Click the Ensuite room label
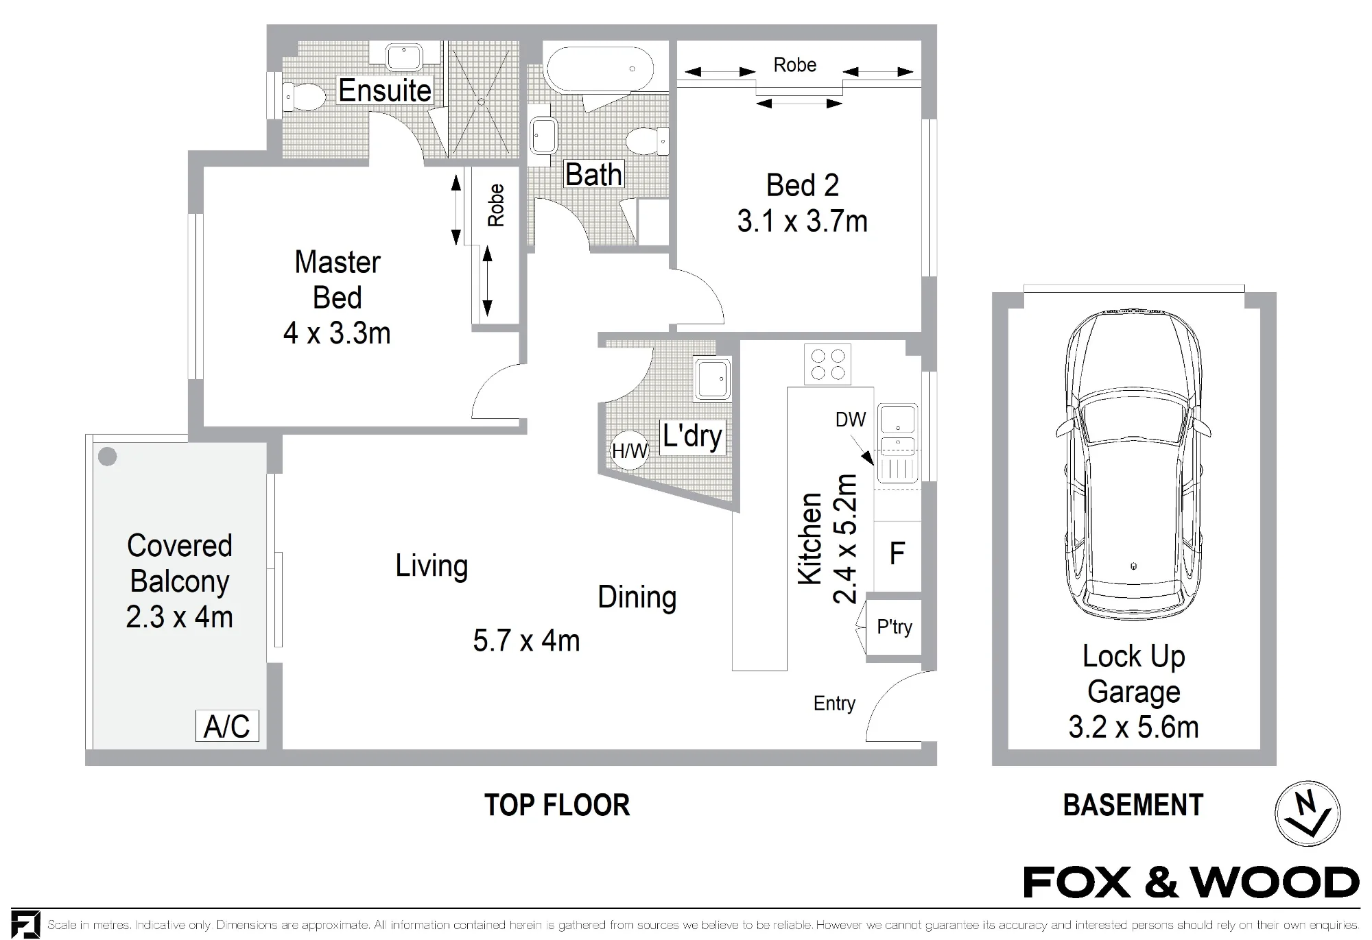click(385, 91)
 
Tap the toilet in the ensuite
click(304, 98)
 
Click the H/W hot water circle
click(629, 450)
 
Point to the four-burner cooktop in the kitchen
click(827, 364)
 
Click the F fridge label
click(897, 553)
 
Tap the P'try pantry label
click(895, 627)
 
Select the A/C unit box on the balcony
click(227, 726)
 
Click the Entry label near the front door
click(834, 704)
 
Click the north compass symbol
click(1308, 813)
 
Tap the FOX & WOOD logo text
click(1191, 882)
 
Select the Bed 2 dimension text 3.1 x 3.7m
click(802, 221)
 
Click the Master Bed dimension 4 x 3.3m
click(337, 333)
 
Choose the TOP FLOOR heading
click(557, 805)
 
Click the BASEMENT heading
click(1133, 805)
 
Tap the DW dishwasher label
click(851, 420)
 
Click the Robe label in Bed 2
click(795, 65)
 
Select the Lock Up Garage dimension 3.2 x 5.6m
click(1133, 727)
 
